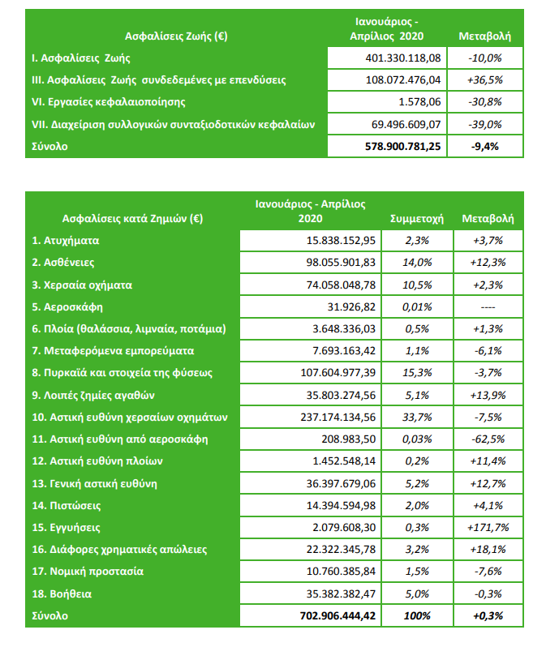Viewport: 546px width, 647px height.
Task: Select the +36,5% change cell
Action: (x=485, y=80)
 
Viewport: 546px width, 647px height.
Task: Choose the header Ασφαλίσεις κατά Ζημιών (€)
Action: (x=131, y=218)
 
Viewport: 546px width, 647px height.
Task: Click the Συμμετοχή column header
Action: (x=415, y=218)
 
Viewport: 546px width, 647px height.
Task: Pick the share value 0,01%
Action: (x=415, y=307)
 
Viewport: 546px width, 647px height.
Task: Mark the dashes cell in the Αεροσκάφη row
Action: (x=487, y=307)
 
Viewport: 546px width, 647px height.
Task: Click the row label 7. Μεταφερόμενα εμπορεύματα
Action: (x=114, y=351)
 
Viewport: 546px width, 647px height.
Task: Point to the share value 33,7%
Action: (x=415, y=418)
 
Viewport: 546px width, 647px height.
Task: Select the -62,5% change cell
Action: (x=487, y=439)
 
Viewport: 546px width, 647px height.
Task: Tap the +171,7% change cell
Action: (x=487, y=527)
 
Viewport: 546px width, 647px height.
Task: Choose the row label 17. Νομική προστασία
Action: (x=88, y=572)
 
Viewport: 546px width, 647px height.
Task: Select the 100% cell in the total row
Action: (x=415, y=616)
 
